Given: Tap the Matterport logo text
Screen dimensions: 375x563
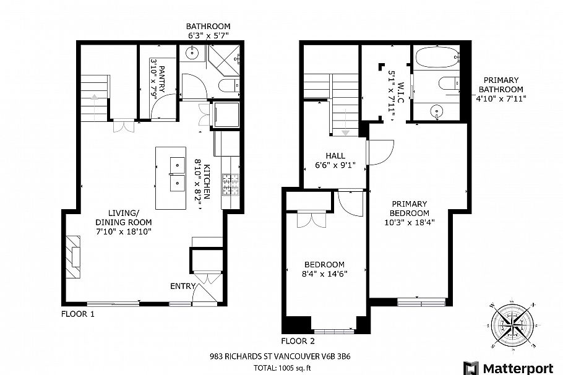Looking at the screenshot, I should point(517,368).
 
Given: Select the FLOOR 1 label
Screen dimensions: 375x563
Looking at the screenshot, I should point(78,314).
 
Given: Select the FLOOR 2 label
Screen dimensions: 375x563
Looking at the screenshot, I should point(298,341).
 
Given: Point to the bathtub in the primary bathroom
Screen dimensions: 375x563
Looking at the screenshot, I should point(438,60).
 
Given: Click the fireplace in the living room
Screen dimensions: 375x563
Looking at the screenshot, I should point(74,256).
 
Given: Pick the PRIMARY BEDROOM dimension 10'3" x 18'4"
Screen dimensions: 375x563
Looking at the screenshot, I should point(410,223).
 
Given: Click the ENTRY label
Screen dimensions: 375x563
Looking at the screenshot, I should point(183,286).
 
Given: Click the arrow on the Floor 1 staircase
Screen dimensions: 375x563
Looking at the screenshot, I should point(93,97).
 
